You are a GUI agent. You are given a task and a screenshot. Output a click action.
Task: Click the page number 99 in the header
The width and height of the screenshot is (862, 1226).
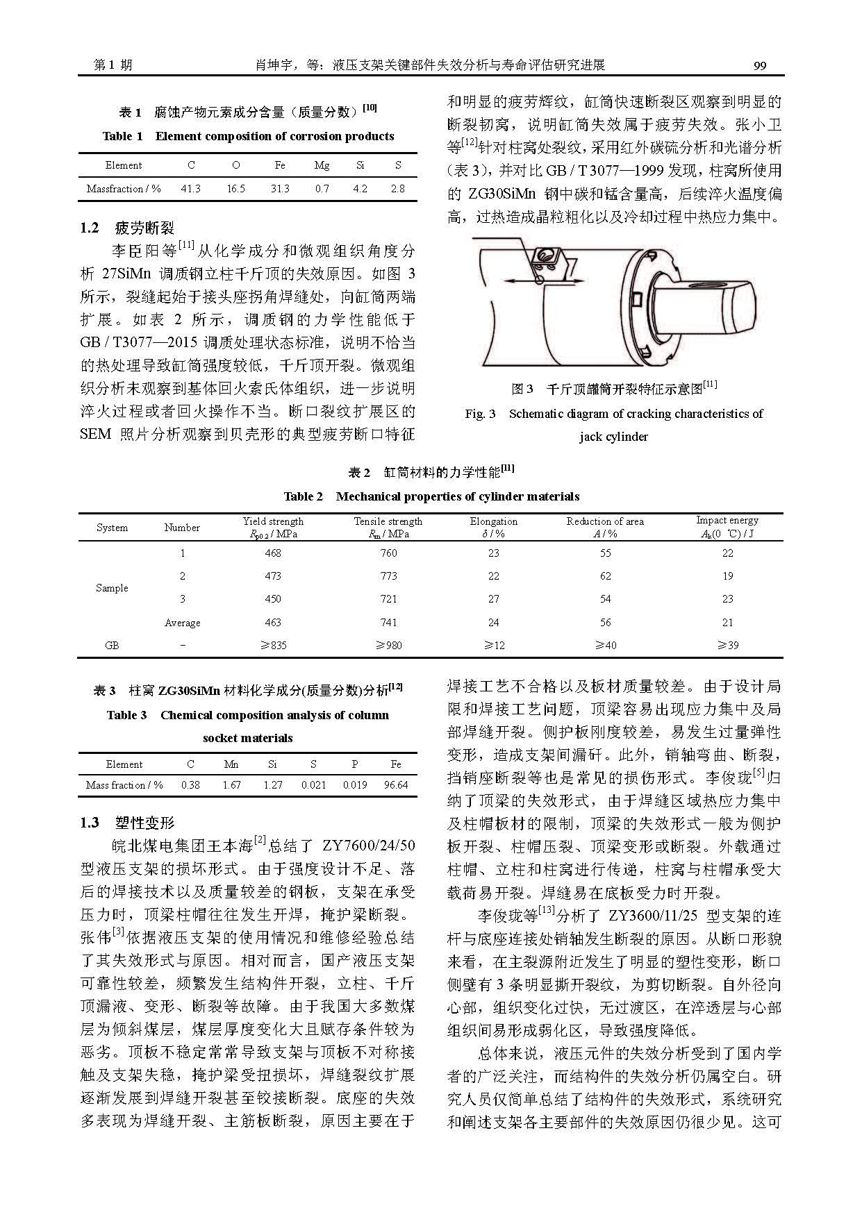pos(759,65)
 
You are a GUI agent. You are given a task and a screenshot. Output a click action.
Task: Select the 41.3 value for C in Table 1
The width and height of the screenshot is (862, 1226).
pos(190,188)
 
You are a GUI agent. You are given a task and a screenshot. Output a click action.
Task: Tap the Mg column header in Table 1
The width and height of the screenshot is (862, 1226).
pos(322,165)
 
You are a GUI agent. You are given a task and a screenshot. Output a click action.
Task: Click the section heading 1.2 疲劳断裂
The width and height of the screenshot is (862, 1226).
pos(127,228)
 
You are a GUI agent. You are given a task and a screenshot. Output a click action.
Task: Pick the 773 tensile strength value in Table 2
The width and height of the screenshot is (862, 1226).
pos(388,576)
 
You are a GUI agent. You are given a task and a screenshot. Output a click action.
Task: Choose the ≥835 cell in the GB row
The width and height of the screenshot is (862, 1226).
pos(273,645)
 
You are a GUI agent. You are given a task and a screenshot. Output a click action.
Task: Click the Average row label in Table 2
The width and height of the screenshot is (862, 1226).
pos(182,623)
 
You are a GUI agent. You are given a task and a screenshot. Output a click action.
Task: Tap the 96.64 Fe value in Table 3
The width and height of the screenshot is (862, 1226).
pos(396,784)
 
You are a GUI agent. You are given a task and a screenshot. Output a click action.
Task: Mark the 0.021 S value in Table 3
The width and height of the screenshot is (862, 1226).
pos(313,784)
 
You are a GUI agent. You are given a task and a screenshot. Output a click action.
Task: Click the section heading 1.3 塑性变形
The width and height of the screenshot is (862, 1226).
pos(127,823)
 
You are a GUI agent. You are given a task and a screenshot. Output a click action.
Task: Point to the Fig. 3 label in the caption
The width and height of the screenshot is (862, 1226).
pos(481,414)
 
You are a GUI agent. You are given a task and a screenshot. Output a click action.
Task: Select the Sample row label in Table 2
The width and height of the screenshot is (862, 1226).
pos(112,587)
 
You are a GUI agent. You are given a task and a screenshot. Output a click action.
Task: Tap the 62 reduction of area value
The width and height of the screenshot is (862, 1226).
pos(605,576)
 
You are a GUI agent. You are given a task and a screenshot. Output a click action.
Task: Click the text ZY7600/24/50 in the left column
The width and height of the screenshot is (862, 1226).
pos(368,846)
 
